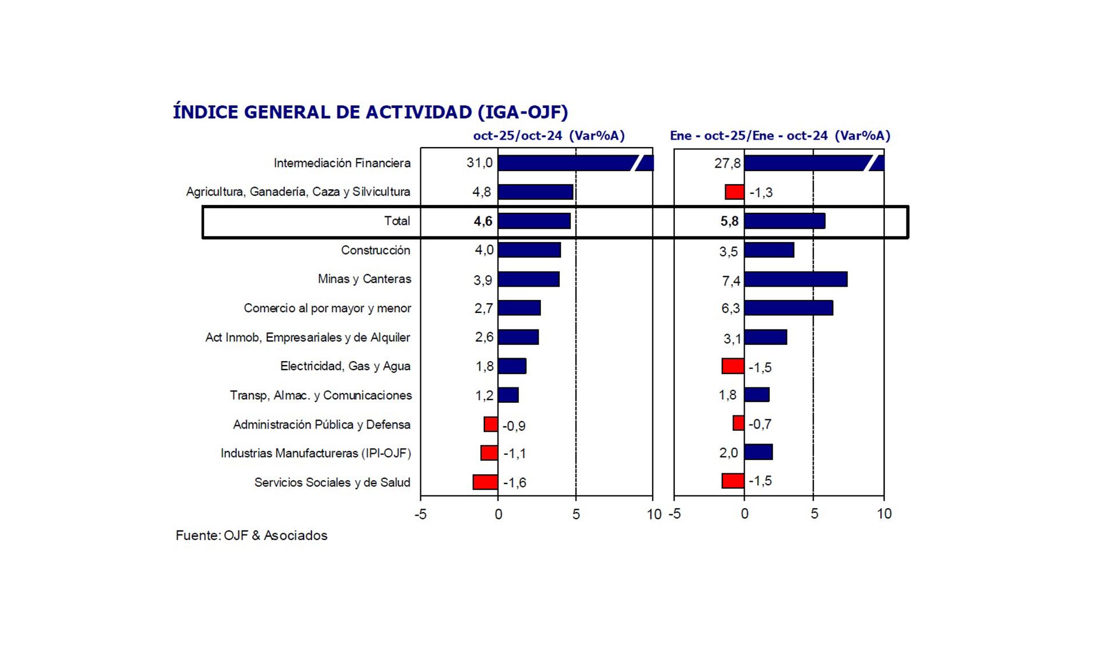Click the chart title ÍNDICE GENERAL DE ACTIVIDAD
(x=370, y=112)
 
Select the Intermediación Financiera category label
(x=342, y=163)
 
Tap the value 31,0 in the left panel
(x=479, y=163)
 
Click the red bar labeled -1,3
(x=734, y=192)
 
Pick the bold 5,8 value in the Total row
(x=729, y=221)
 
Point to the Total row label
(x=397, y=221)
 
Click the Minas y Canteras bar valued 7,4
(x=795, y=279)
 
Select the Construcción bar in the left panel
(x=529, y=250)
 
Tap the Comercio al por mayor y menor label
(x=327, y=308)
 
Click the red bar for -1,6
(x=485, y=482)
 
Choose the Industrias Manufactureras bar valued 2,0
(x=758, y=452)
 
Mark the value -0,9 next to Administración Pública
(x=514, y=426)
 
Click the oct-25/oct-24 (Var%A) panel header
(x=548, y=136)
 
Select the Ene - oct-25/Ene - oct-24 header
(x=780, y=136)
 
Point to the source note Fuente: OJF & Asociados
(x=252, y=536)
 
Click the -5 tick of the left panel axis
(x=420, y=514)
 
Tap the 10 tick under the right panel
(x=884, y=514)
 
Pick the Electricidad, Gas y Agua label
(x=345, y=366)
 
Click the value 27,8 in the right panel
(x=727, y=164)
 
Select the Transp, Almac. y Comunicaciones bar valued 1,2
(x=508, y=395)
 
